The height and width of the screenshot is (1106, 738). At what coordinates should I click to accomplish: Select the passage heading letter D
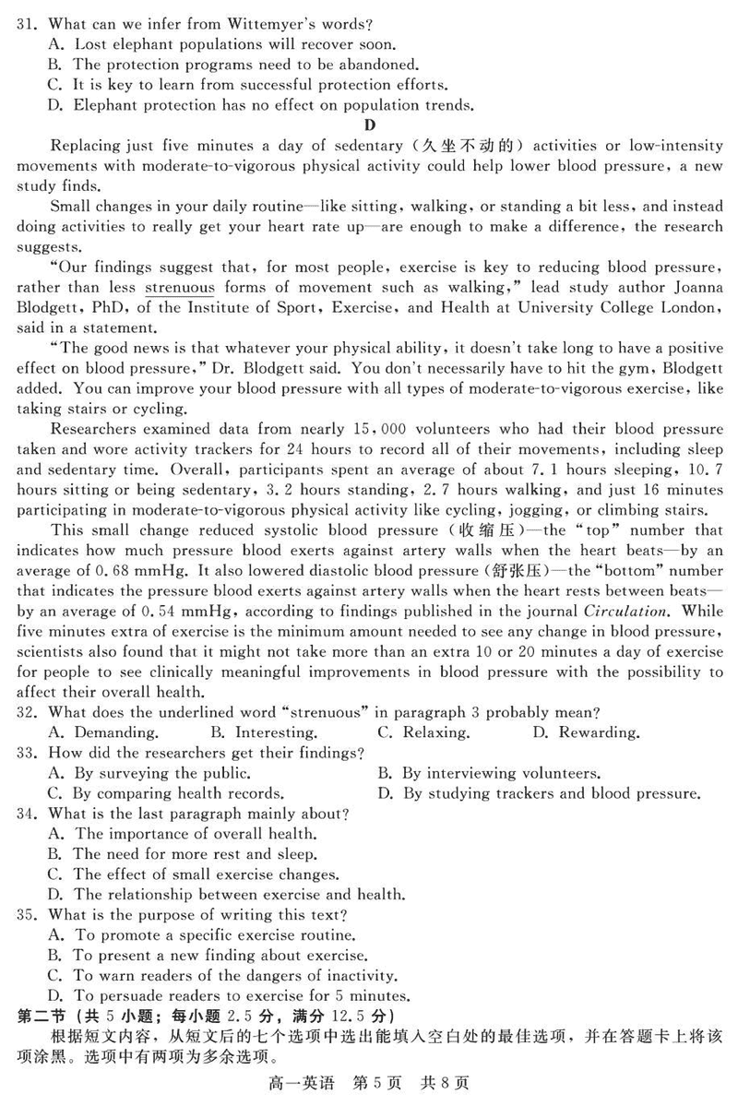coord(370,125)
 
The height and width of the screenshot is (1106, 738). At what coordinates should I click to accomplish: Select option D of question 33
coord(540,793)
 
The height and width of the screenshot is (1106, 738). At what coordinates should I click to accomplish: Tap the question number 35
coord(28,915)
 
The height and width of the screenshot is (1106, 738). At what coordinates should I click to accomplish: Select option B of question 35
coord(208,956)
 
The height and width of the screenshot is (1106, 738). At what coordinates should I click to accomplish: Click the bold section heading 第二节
coord(42,1016)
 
